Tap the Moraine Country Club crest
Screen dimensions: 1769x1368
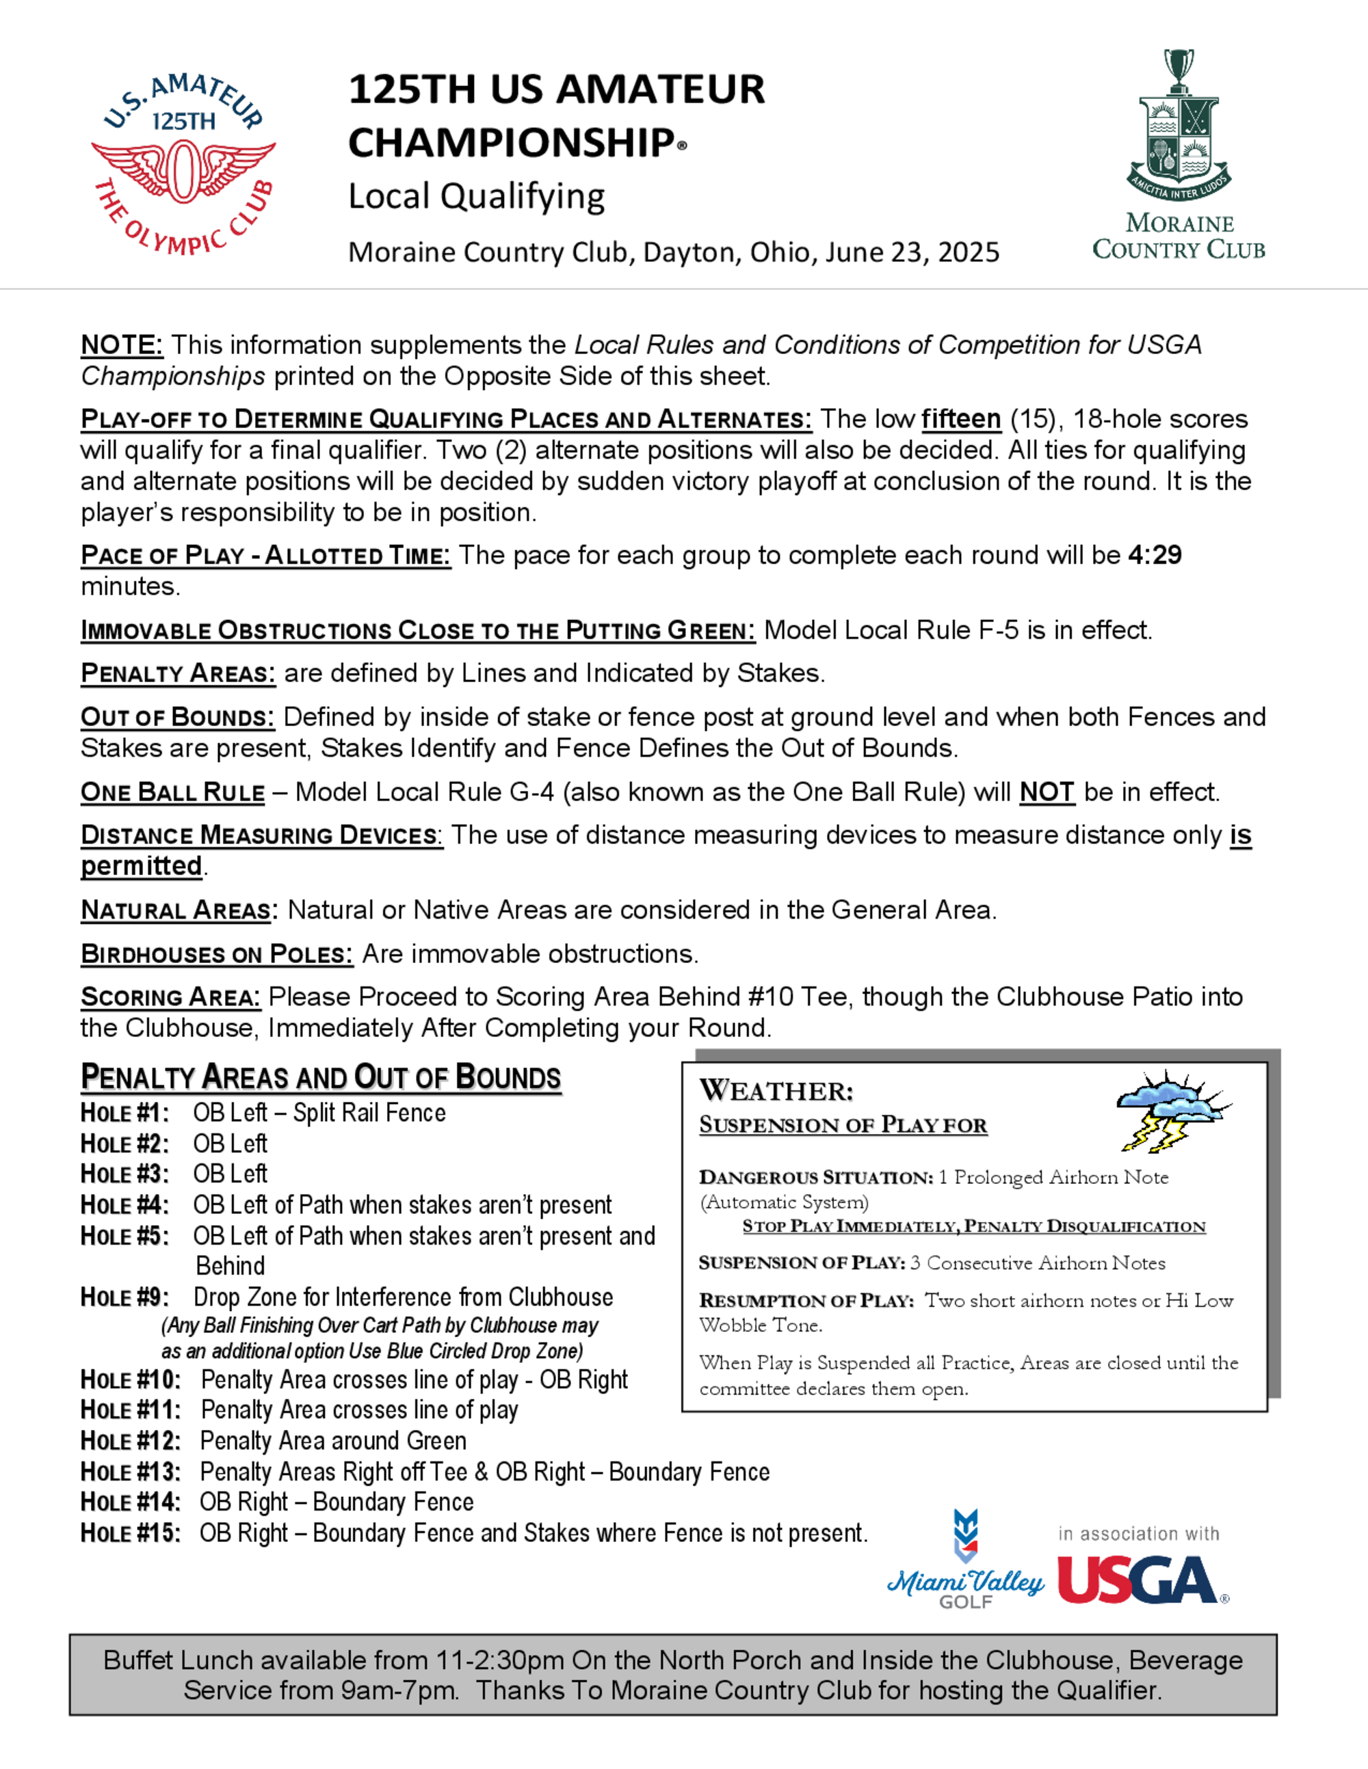pos(1179,130)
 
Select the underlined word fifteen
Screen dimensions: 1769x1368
pos(961,420)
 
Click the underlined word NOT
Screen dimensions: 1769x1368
pos(1047,792)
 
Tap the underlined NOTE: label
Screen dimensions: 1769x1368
pos(122,346)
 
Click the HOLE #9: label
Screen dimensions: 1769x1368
pos(124,1297)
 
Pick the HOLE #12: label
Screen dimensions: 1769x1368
pos(131,1442)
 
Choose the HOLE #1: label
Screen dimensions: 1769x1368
pos(124,1113)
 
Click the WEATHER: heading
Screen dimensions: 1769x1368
pos(776,1091)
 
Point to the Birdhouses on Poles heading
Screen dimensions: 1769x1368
pos(216,954)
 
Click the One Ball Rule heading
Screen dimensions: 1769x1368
pos(172,792)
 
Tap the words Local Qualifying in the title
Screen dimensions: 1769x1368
pos(477,197)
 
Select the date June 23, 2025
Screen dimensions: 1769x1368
pos(912,253)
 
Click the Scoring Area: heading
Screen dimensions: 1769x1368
pos(170,997)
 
